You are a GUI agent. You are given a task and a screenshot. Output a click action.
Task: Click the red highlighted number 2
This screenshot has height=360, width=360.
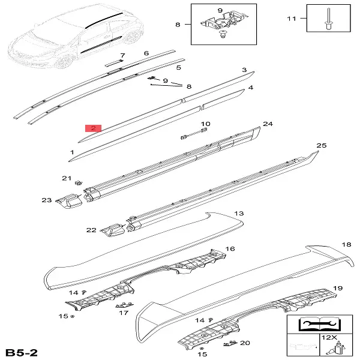[x=93, y=128]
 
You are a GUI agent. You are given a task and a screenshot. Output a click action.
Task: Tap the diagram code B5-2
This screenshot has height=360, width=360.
[x=22, y=353]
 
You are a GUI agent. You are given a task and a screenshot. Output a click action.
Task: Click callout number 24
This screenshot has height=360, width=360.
[x=268, y=124]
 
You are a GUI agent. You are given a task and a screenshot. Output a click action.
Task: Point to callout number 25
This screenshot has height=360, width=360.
[x=322, y=145]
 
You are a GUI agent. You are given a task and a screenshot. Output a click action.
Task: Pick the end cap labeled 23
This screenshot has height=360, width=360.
[x=69, y=200]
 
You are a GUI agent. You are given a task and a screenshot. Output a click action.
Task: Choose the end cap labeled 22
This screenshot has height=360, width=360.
[x=113, y=230]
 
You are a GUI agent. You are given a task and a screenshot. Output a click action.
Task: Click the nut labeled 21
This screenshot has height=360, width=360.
[x=79, y=183]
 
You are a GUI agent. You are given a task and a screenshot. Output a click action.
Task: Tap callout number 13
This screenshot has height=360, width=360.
[x=239, y=213]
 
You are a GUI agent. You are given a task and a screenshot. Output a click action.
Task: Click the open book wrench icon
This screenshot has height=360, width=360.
[x=320, y=324]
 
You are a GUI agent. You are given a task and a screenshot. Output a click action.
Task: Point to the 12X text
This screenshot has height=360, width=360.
[x=329, y=337]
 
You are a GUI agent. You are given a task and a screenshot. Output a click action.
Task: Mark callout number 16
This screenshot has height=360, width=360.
[x=230, y=248]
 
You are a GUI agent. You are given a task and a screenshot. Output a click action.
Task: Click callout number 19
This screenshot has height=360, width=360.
[x=338, y=288]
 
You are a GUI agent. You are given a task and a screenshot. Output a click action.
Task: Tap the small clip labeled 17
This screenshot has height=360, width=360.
[x=124, y=305]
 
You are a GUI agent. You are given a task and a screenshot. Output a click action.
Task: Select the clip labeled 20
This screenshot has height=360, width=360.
[x=230, y=343]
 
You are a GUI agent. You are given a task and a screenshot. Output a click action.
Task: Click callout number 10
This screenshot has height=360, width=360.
[x=205, y=124]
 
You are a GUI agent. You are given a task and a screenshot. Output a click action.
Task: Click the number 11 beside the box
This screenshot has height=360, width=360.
[x=292, y=19]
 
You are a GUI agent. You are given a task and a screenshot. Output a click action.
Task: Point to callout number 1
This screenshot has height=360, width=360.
[x=72, y=152]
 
